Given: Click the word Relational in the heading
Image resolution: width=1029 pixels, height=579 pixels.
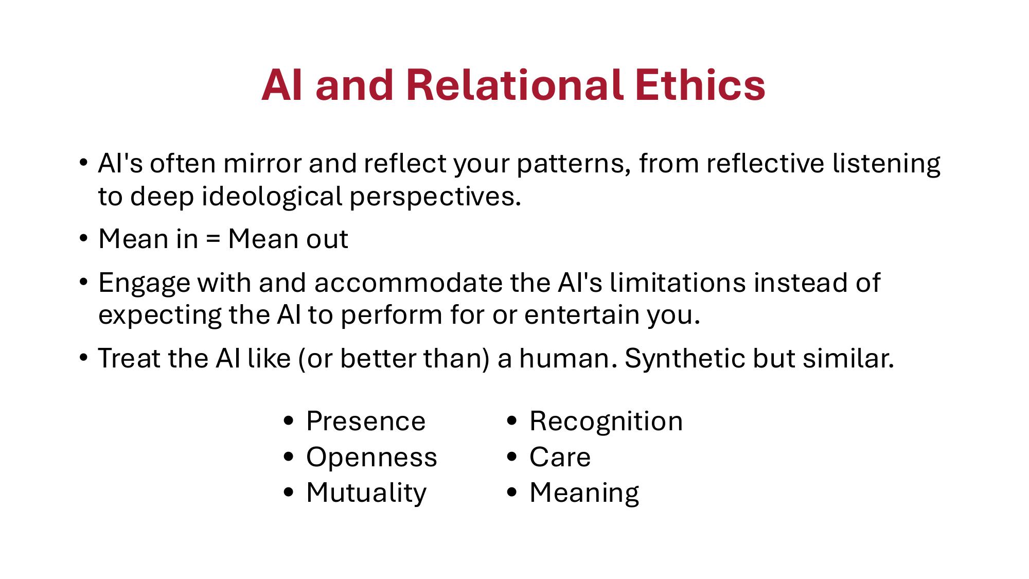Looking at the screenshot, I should (x=514, y=85).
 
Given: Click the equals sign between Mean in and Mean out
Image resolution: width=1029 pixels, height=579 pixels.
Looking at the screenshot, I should (x=212, y=239).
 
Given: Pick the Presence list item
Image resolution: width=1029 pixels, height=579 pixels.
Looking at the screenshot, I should (x=365, y=422).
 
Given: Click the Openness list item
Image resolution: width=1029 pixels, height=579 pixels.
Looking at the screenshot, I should (x=371, y=457).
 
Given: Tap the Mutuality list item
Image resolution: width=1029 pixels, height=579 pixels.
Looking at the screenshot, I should (x=366, y=493).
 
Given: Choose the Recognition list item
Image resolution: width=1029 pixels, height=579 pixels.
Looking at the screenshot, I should (x=606, y=422).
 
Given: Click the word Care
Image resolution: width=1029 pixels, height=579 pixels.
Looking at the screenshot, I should (x=560, y=457).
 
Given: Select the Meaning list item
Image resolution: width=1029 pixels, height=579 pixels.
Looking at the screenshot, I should (x=584, y=493).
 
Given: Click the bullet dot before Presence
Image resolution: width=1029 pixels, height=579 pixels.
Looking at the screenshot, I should (x=289, y=421).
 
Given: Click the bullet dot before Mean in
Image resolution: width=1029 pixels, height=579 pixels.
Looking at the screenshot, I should (x=83, y=239).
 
